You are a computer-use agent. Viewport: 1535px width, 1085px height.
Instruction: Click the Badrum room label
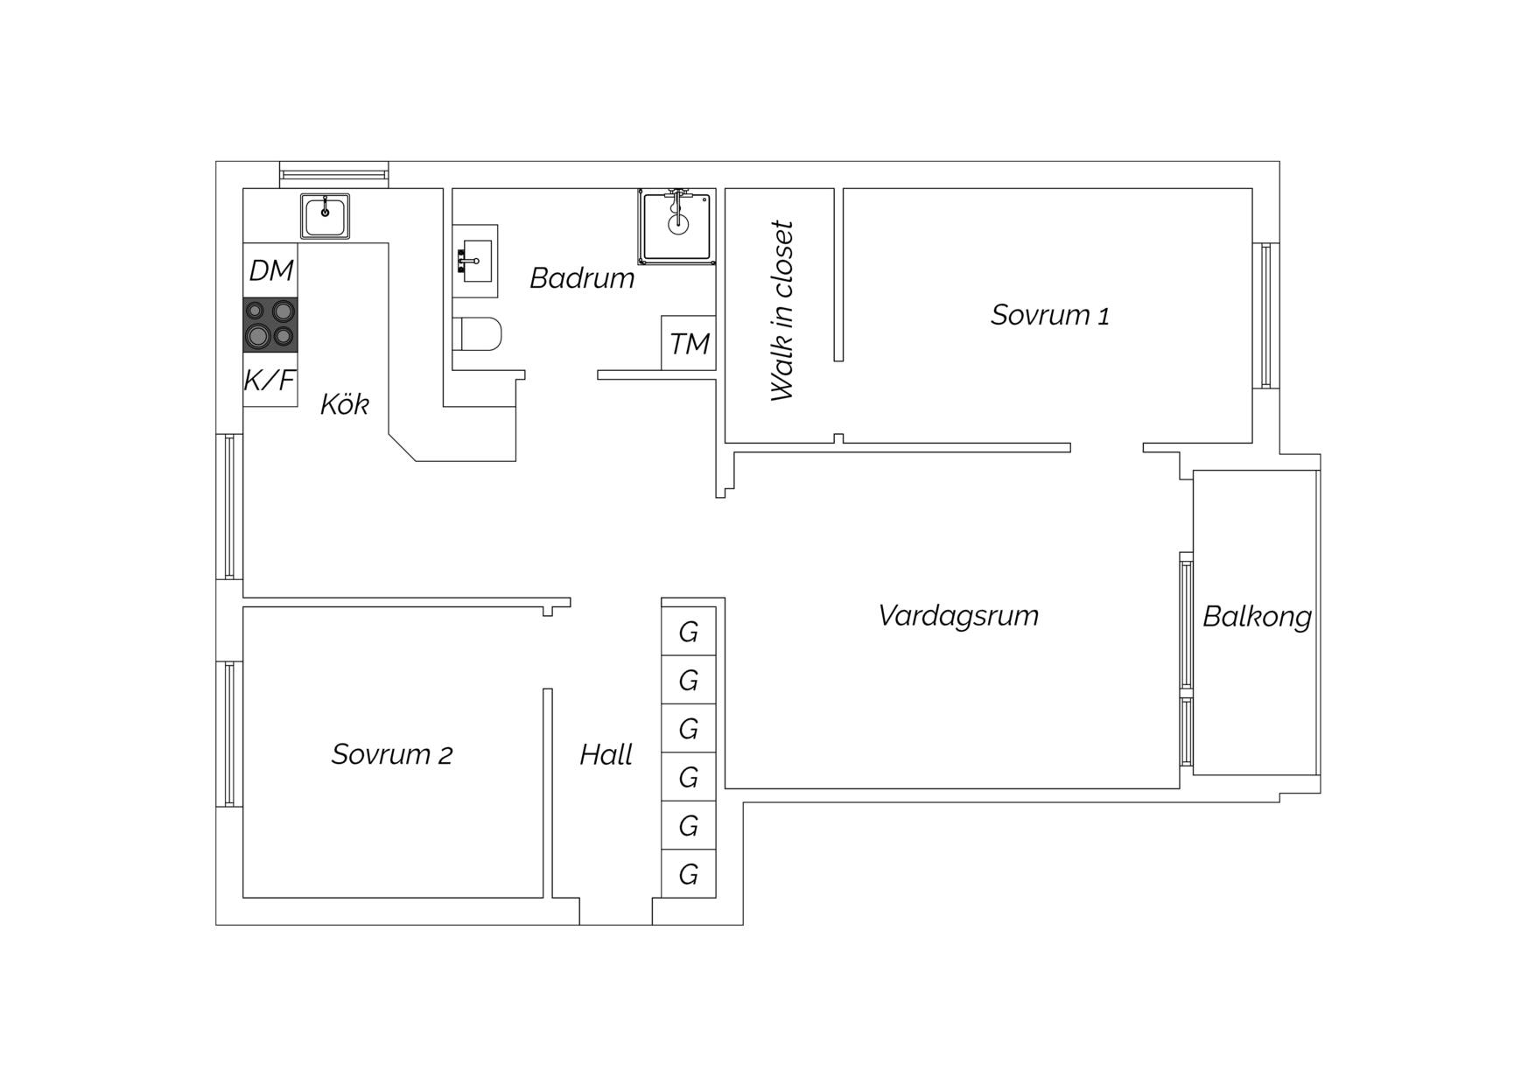[x=582, y=278]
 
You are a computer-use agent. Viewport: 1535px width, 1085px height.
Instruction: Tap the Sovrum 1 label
[x=1049, y=315]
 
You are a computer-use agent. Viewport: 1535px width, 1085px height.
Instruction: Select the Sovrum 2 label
[x=391, y=754]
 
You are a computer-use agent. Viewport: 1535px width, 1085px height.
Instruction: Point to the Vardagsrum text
[x=958, y=616]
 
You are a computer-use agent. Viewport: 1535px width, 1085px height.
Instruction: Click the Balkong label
[x=1257, y=617]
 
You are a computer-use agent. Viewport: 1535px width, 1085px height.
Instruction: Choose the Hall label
[x=606, y=754]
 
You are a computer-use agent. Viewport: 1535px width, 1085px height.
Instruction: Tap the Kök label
[x=344, y=403]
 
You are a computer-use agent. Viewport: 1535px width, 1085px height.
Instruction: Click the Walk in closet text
[x=782, y=311]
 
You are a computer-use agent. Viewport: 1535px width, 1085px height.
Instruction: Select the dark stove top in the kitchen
[x=270, y=325]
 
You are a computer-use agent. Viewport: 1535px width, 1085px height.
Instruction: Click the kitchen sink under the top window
[x=325, y=215]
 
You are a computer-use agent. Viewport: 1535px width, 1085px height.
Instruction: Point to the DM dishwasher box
[x=270, y=270]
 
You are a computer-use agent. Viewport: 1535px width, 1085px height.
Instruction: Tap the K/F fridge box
[x=270, y=380]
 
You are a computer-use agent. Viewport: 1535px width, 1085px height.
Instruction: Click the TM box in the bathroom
[x=689, y=343]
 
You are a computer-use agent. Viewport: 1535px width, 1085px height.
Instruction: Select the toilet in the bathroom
[x=477, y=333]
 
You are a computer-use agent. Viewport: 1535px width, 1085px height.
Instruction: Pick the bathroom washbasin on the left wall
[x=475, y=261]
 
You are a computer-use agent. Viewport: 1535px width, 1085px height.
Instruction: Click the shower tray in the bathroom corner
[x=676, y=225]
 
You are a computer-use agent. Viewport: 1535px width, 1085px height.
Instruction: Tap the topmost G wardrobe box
[x=689, y=631]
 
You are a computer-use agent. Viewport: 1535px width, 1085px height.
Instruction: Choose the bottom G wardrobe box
[x=689, y=873]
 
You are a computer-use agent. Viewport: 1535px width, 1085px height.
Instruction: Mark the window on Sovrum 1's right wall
[x=1266, y=315]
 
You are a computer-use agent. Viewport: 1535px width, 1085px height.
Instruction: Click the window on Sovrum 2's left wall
[x=229, y=733]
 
